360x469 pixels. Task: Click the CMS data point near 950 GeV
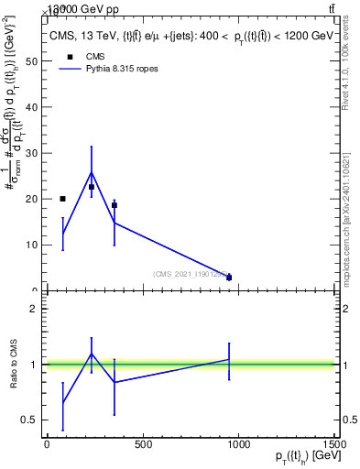(229, 278)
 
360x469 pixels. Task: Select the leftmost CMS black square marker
(62, 199)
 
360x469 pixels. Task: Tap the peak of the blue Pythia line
(91, 172)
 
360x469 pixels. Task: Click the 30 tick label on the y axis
(33, 153)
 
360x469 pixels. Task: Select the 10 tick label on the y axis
(33, 245)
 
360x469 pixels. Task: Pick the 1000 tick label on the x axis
(238, 445)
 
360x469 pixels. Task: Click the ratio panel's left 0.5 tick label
(32, 420)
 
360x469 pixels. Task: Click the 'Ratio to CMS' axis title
(13, 365)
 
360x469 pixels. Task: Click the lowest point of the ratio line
(62, 403)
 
